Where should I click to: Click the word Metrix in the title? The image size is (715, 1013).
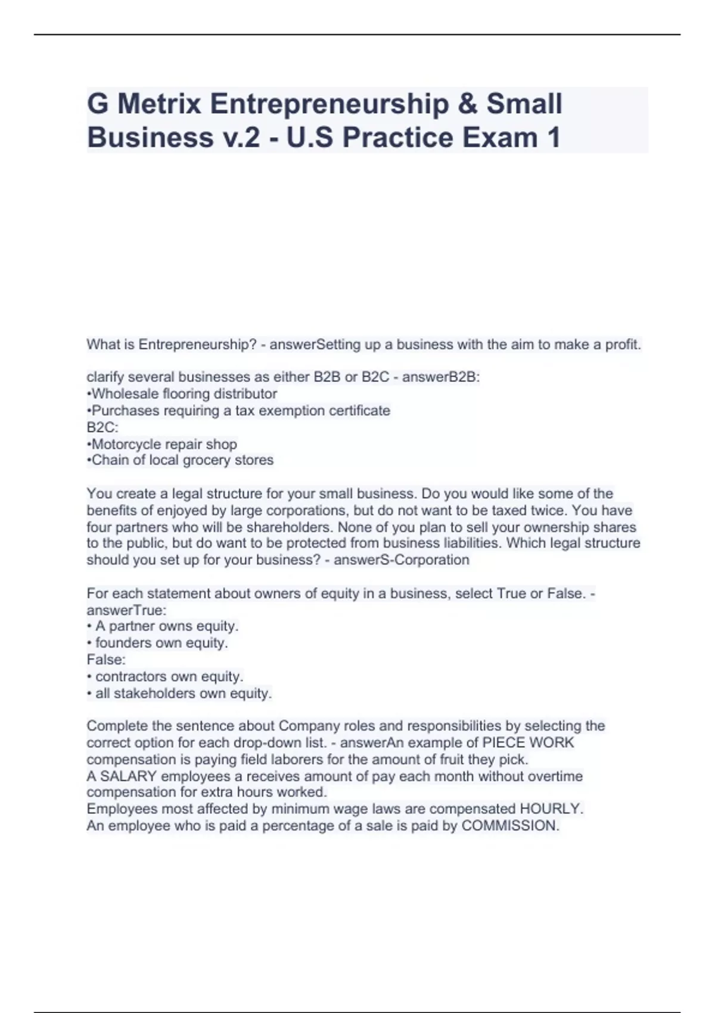[159, 104]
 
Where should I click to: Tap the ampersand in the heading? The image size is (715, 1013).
[467, 104]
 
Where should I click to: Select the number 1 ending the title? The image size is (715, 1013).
[552, 138]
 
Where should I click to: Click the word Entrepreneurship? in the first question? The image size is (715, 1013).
[197, 344]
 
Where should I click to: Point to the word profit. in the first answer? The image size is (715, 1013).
[623, 344]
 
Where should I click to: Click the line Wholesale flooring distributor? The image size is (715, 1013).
[184, 394]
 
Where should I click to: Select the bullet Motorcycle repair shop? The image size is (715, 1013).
[164, 444]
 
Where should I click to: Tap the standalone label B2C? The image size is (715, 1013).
[102, 427]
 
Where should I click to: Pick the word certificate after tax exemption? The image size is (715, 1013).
[360, 411]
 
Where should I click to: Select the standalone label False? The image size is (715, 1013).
[106, 660]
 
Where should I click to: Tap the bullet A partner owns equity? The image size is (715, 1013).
[166, 626]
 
